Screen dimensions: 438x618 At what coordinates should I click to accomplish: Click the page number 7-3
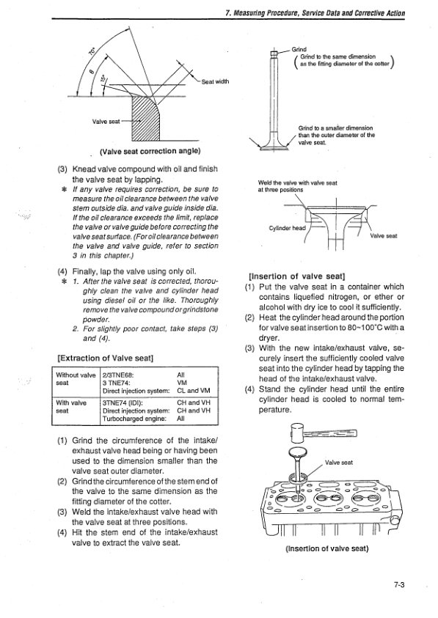[x=399, y=585]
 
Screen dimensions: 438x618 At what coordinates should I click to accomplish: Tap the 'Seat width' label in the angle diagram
[x=215, y=81]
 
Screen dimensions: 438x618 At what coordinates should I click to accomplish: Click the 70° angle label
[x=92, y=51]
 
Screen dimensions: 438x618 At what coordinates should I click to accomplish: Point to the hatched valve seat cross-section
[x=145, y=117]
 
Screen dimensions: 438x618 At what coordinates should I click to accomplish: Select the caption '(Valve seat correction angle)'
[x=150, y=151]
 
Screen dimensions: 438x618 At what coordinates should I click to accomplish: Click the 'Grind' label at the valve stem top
[x=299, y=49]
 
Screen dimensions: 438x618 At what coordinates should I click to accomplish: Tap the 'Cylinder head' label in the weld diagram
[x=288, y=228]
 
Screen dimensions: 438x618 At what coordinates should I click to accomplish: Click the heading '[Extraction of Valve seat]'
[x=106, y=358]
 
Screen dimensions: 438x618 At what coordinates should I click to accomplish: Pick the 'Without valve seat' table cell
[x=76, y=379]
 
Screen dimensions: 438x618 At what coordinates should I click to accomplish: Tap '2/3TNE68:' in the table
[x=115, y=375]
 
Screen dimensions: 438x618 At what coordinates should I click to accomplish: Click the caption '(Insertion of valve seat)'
[x=326, y=548]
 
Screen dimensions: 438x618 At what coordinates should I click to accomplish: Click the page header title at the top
[x=315, y=12]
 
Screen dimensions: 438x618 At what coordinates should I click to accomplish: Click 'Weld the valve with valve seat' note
[x=298, y=183]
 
